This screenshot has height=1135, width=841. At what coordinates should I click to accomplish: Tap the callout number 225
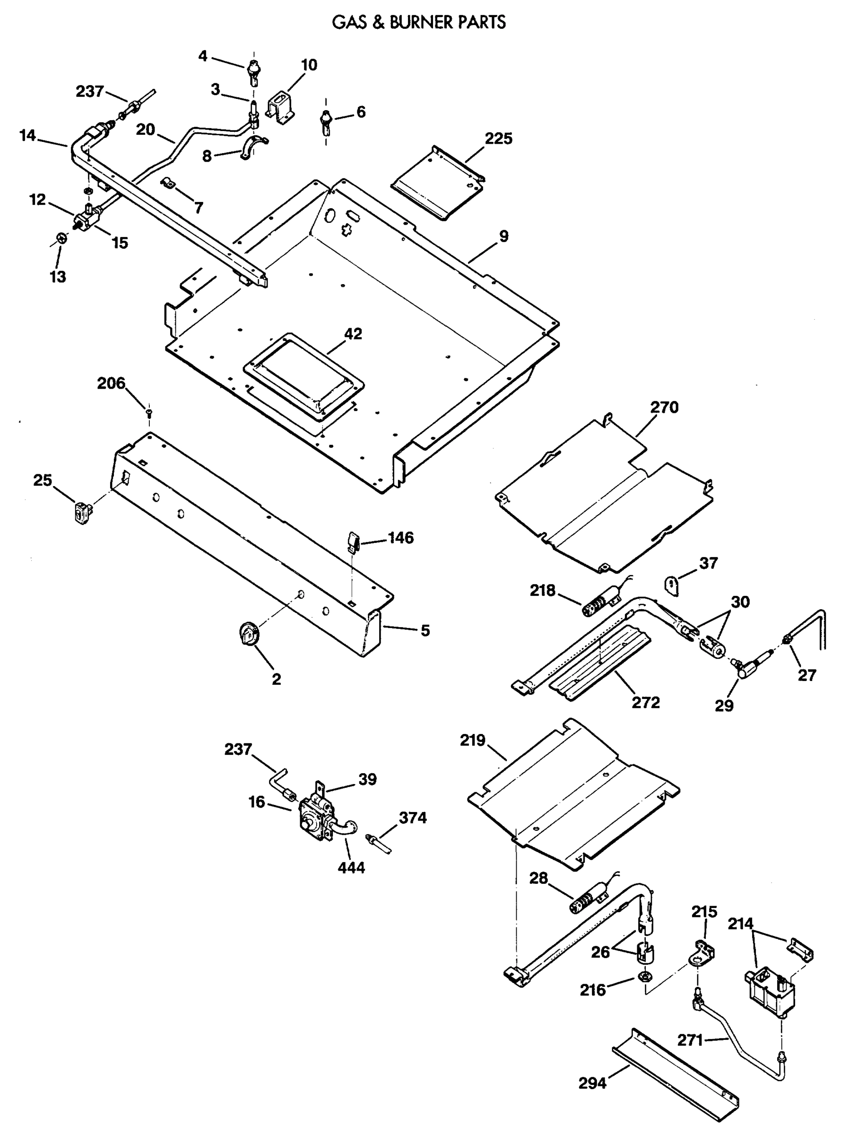click(498, 139)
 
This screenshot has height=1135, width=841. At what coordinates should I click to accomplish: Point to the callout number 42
click(353, 334)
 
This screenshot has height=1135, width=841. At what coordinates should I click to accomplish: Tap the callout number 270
click(664, 407)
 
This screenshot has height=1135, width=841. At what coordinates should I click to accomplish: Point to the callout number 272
click(645, 703)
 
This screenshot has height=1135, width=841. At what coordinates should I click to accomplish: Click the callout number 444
click(351, 867)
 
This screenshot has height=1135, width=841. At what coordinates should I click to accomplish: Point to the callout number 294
click(592, 1094)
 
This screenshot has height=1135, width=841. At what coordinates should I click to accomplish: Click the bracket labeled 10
click(279, 107)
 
